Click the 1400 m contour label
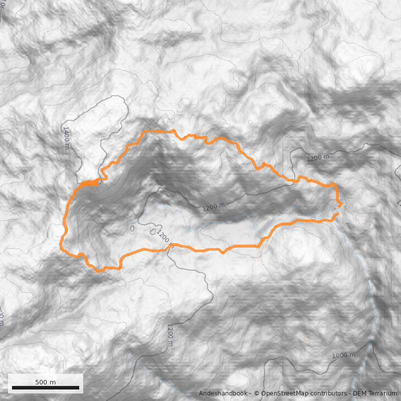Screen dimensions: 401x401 click(x=66, y=137)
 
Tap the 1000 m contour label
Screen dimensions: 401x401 click(x=343, y=355)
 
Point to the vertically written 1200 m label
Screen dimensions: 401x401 click(x=170, y=334)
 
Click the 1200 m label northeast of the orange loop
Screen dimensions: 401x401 click(x=318, y=158)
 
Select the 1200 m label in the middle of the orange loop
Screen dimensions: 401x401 click(x=214, y=206)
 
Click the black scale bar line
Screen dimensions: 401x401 click(x=46, y=387)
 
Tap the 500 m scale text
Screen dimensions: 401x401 click(x=45, y=382)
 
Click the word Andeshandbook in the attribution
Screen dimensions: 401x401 click(x=223, y=393)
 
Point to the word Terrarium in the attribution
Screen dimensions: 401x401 click(x=385, y=393)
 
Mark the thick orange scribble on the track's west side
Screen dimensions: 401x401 click(x=89, y=183)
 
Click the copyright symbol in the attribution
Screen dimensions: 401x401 click(x=256, y=393)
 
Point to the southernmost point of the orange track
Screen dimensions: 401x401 click(x=100, y=271)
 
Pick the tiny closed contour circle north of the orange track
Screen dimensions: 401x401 click(x=250, y=122)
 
